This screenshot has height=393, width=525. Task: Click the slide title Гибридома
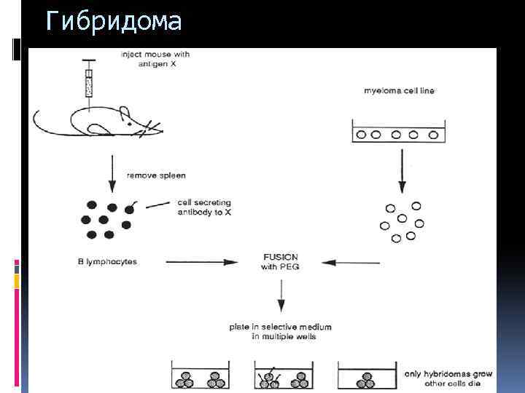point(112,22)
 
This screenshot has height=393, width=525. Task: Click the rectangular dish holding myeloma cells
point(398,134)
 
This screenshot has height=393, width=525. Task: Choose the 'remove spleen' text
point(156,175)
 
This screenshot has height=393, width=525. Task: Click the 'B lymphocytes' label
point(106,261)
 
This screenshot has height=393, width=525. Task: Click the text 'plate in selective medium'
point(281,327)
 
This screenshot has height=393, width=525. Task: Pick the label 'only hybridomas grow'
point(449,373)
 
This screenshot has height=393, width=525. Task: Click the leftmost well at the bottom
point(201,377)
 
